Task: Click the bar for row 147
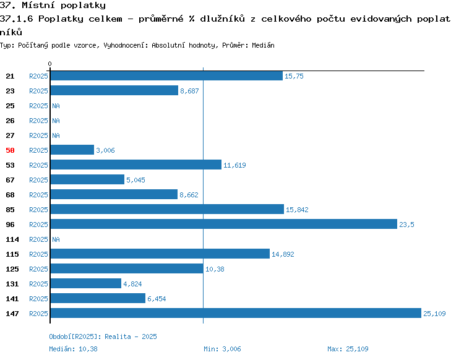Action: click(236, 313)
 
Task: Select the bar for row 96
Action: click(224, 224)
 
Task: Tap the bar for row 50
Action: click(72, 150)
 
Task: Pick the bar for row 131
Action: click(86, 283)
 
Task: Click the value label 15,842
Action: click(297, 210)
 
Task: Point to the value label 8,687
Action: click(189, 91)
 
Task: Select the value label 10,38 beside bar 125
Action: click(215, 269)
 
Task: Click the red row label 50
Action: click(10, 150)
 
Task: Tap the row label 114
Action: click(12, 239)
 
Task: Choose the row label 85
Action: click(10, 210)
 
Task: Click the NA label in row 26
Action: click(56, 121)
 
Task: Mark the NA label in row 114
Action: click(56, 239)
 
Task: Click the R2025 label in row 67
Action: click(38, 180)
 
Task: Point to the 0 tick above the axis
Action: click(49, 64)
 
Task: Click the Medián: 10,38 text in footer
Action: click(73, 349)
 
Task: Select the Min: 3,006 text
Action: click(222, 349)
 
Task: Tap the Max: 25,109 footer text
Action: click(348, 349)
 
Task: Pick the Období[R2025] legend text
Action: click(75, 336)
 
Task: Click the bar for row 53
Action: click(136, 165)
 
